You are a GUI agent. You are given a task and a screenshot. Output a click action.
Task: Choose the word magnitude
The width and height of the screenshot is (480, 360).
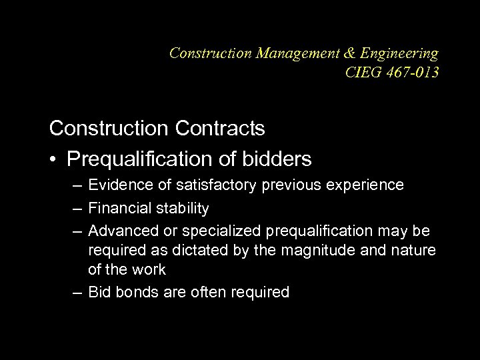point(331,251)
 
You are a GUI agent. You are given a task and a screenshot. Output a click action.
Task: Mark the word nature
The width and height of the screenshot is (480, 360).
point(415,251)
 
